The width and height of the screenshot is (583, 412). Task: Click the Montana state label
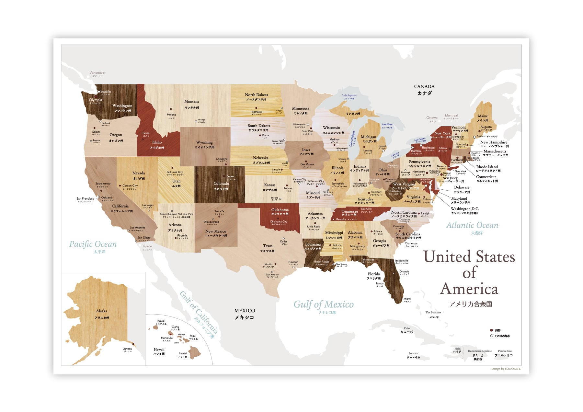192,102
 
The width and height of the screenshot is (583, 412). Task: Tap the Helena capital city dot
171,109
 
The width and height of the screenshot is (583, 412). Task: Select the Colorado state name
221,184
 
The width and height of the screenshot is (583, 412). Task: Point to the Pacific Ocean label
93,244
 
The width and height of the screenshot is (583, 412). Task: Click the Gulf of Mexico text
323,305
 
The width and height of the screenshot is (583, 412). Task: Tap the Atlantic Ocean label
472,225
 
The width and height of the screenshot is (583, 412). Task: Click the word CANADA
424,86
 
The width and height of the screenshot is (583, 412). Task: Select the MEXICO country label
245,311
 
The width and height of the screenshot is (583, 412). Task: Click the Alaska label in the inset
101,311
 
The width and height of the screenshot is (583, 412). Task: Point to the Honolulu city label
166,338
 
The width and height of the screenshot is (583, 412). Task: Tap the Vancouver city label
97,73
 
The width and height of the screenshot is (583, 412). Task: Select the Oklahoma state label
280,210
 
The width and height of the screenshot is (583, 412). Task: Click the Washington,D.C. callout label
464,209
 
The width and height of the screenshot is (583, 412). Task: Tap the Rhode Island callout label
487,167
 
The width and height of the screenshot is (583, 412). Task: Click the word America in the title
469,289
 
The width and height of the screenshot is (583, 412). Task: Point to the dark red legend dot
491,330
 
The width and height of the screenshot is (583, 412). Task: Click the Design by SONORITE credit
506,369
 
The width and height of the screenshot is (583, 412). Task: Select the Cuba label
407,328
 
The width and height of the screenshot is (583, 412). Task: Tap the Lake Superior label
349,95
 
